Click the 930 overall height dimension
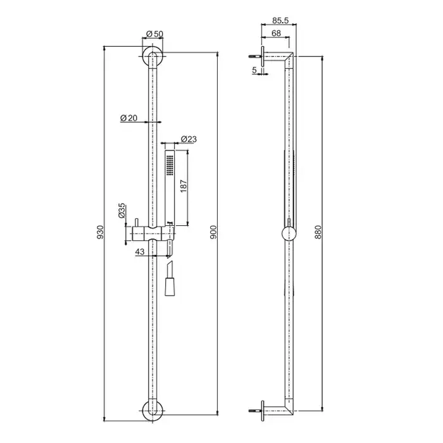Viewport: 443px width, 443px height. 100,232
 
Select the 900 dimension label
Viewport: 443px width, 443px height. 214,232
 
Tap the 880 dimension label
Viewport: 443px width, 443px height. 318,232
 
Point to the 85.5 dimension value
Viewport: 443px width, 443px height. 280,20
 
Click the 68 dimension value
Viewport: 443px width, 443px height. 276,33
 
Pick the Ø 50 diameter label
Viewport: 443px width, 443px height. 154,34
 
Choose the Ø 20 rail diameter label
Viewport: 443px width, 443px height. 129,118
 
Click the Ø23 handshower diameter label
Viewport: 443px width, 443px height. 189,139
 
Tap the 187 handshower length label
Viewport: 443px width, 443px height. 184,186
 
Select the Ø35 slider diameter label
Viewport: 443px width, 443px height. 122,211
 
